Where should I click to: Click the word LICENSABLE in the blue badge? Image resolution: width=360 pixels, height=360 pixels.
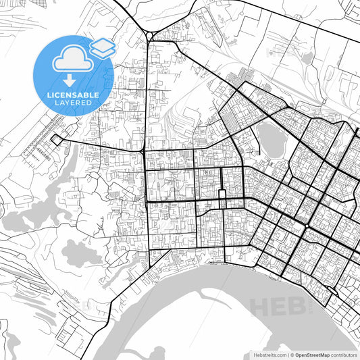click(x=72, y=93)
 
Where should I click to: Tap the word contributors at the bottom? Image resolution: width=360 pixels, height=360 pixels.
click(x=344, y=354)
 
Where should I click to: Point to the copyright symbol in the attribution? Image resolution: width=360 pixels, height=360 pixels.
click(x=291, y=354)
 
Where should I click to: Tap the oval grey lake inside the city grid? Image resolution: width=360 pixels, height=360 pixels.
click(x=271, y=140)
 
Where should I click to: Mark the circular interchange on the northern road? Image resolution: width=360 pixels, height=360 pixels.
click(x=150, y=35)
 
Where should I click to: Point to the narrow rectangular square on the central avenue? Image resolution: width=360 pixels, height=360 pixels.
click(x=221, y=197)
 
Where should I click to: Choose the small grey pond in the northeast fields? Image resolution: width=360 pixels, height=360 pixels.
click(x=308, y=59)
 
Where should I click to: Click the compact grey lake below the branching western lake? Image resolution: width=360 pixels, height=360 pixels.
click(x=78, y=253)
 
